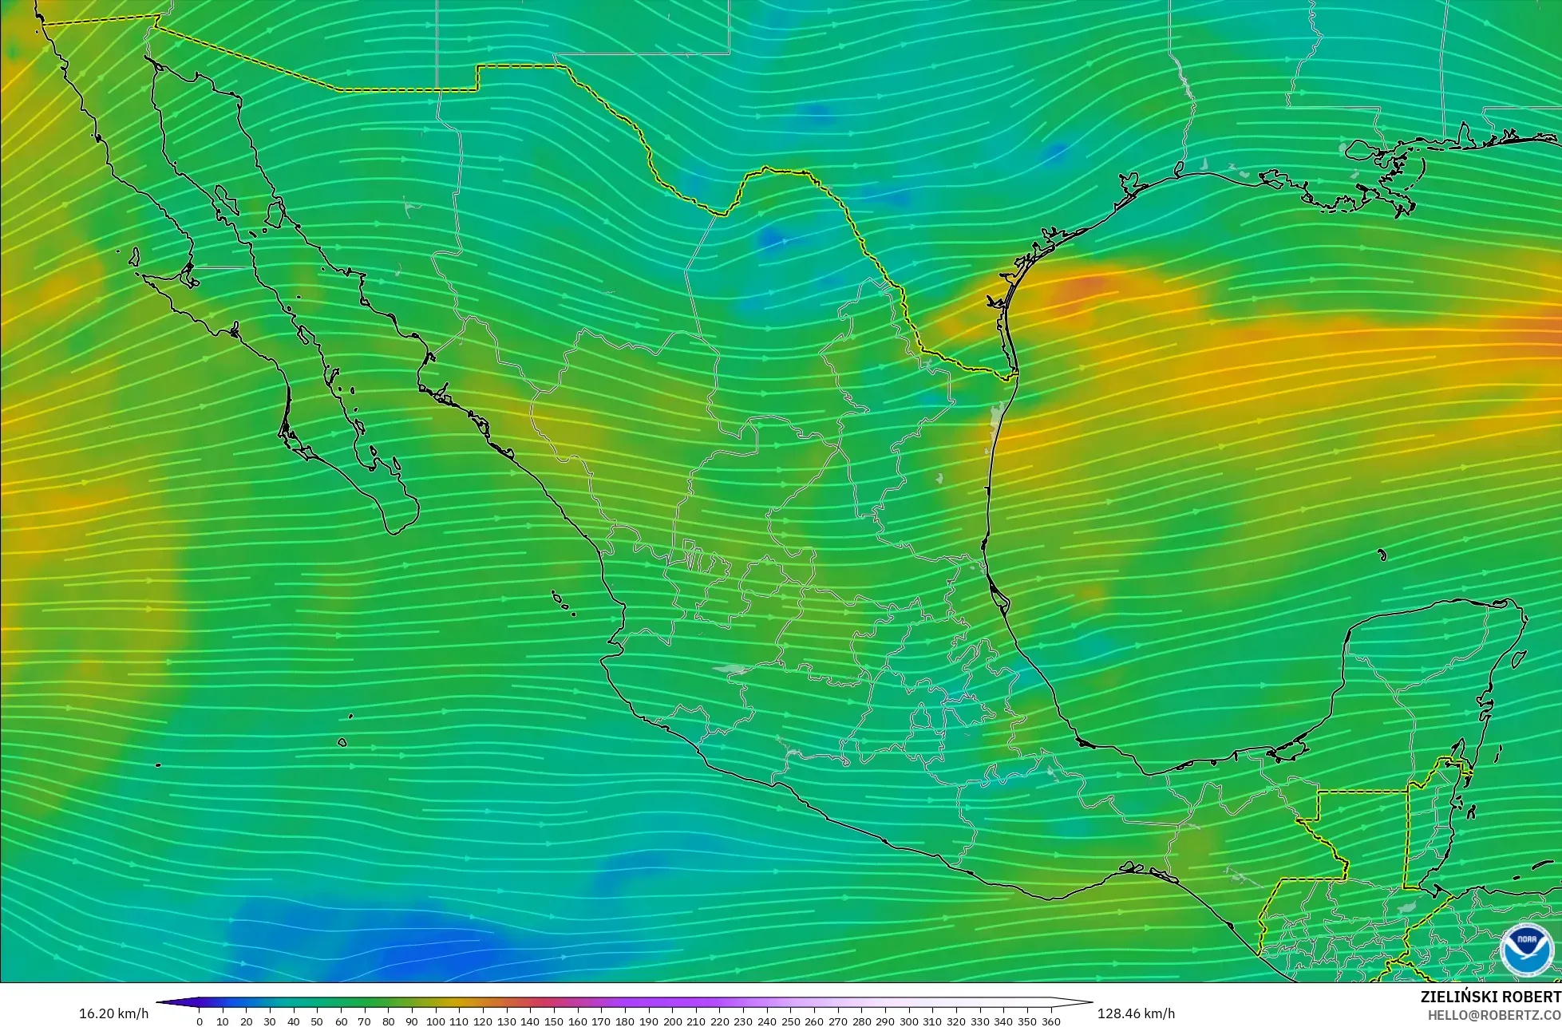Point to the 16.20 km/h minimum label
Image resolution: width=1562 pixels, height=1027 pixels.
(x=113, y=1013)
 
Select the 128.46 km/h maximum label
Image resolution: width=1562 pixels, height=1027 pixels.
(x=1136, y=1013)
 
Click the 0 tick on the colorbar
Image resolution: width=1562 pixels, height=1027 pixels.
(x=199, y=1021)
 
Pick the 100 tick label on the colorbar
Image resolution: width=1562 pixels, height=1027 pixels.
(x=435, y=1021)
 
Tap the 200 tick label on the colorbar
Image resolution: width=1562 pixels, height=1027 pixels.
(x=672, y=1021)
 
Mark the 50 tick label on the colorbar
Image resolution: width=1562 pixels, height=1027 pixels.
(x=317, y=1021)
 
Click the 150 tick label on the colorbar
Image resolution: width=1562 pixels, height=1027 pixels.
(x=553, y=1021)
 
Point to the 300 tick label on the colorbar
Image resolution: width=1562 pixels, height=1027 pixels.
(x=908, y=1021)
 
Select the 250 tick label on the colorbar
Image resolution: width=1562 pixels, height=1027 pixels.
(x=790, y=1021)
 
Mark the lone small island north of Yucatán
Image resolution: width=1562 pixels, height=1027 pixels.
(x=1382, y=555)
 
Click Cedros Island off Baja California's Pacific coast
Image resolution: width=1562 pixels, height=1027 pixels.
(x=133, y=257)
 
